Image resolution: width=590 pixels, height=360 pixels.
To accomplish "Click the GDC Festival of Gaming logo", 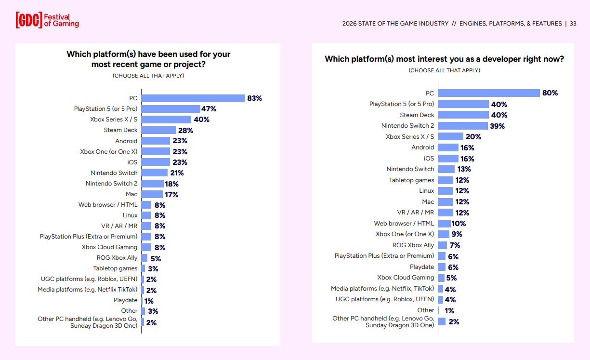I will tap(47, 20).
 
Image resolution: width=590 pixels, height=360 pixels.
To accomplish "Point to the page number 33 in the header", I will tap(573, 24).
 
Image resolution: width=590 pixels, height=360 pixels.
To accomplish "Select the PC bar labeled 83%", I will tap(193, 98).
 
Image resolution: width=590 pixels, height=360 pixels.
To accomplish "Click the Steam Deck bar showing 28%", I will tap(159, 130).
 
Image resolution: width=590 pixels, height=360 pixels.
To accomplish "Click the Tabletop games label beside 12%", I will tap(411, 180).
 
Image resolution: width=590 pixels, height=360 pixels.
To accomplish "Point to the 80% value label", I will tap(550, 93).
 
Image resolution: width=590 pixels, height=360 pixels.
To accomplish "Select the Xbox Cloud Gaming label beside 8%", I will tap(109, 247).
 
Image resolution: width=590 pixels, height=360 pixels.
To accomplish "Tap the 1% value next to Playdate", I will tap(149, 301).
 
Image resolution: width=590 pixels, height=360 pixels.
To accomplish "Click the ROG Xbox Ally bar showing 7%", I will tap(442, 245).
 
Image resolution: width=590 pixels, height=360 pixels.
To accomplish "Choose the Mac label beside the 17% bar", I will tap(131, 194).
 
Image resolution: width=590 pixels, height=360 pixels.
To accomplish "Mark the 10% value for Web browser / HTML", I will tap(459, 224).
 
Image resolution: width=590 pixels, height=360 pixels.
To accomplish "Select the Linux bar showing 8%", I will tap(146, 215).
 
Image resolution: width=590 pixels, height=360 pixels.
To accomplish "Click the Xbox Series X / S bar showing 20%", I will tap(450, 136).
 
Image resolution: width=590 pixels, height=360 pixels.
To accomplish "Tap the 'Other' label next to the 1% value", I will tap(425, 310).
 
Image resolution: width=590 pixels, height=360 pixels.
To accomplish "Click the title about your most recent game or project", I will tap(148, 59).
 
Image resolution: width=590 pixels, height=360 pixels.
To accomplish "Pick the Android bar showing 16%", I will tap(448, 147).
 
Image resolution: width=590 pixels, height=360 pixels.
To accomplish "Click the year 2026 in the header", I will tap(350, 24).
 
